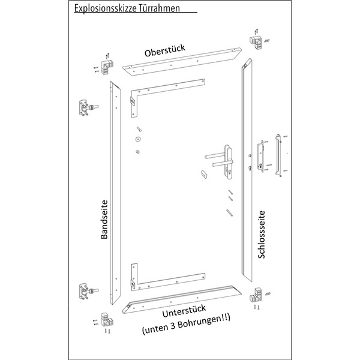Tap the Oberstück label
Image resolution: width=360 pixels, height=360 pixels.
(165, 50)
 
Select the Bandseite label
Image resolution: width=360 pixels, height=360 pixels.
(104, 220)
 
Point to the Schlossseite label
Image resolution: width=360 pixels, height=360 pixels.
(262, 235)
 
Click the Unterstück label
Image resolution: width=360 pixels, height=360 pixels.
(184, 311)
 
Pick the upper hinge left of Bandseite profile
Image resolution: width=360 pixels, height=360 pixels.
(87, 107)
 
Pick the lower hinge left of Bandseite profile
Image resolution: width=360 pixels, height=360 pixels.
(87, 292)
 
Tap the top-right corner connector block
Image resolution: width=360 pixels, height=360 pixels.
(256, 42)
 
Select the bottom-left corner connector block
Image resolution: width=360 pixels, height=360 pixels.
(107, 320)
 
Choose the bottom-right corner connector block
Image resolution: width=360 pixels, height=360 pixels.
(256, 295)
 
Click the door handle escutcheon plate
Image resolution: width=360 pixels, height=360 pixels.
(228, 162)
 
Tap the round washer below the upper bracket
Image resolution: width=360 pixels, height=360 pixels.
(138, 139)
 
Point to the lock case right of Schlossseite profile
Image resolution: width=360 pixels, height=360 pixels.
(260, 156)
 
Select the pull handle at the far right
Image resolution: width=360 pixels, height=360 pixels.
(278, 155)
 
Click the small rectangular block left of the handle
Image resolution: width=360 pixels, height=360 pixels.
(204, 174)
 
